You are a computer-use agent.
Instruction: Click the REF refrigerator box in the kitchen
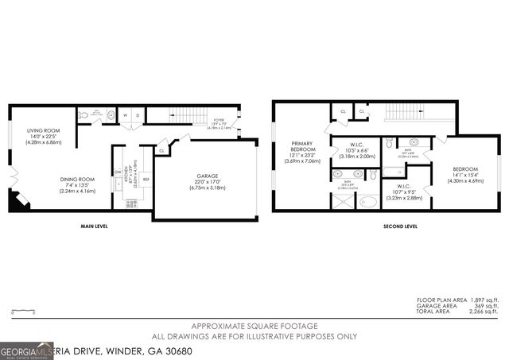pyautogui.click(x=146, y=180)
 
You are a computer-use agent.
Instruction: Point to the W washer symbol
pyautogui.click(x=125, y=115)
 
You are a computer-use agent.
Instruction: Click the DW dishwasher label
pyautogui.click(x=118, y=172)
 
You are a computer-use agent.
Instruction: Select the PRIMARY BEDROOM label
pyautogui.click(x=301, y=149)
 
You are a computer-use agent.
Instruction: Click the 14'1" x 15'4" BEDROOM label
pyautogui.click(x=464, y=170)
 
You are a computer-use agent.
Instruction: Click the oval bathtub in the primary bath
pyautogui.click(x=369, y=202)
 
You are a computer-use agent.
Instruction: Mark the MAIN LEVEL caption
pyautogui.click(x=94, y=226)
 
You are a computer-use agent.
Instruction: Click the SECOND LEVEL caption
pyautogui.click(x=400, y=226)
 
